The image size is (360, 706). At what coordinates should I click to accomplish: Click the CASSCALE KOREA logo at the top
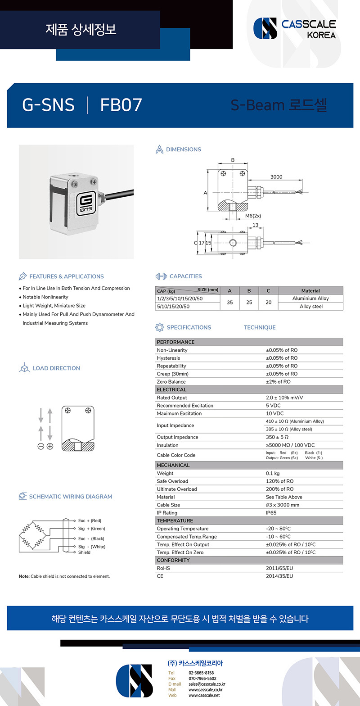[x=295, y=28]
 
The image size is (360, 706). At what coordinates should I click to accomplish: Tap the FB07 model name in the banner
[x=121, y=105]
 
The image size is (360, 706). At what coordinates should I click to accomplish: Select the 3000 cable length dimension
[x=276, y=177]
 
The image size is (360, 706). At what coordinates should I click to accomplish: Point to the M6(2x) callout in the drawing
[x=253, y=216]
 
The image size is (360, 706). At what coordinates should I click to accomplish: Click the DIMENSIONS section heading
[x=183, y=149]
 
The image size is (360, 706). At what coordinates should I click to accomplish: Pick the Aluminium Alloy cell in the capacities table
[x=310, y=299]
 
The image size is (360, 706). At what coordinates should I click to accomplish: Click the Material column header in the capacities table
[x=310, y=291]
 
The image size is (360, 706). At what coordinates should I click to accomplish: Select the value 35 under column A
[x=229, y=303]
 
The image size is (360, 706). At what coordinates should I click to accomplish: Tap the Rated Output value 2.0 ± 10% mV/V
[x=284, y=398]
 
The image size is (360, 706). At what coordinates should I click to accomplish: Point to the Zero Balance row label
[x=171, y=382]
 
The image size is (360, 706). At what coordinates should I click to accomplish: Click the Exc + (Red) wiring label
[x=90, y=520]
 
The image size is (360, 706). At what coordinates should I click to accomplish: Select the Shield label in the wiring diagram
[x=84, y=552]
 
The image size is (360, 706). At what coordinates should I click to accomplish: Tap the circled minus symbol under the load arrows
[x=40, y=446]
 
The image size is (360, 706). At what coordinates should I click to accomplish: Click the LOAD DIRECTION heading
[x=56, y=368]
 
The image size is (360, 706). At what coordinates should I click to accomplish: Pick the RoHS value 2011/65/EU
[x=279, y=568]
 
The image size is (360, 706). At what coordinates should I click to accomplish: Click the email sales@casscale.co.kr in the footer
[x=207, y=684]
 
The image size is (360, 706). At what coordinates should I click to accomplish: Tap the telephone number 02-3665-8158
[x=201, y=673]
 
